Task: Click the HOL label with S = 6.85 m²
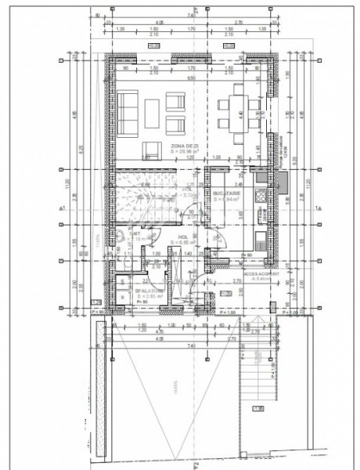(183, 237)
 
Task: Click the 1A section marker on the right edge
(318, 208)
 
